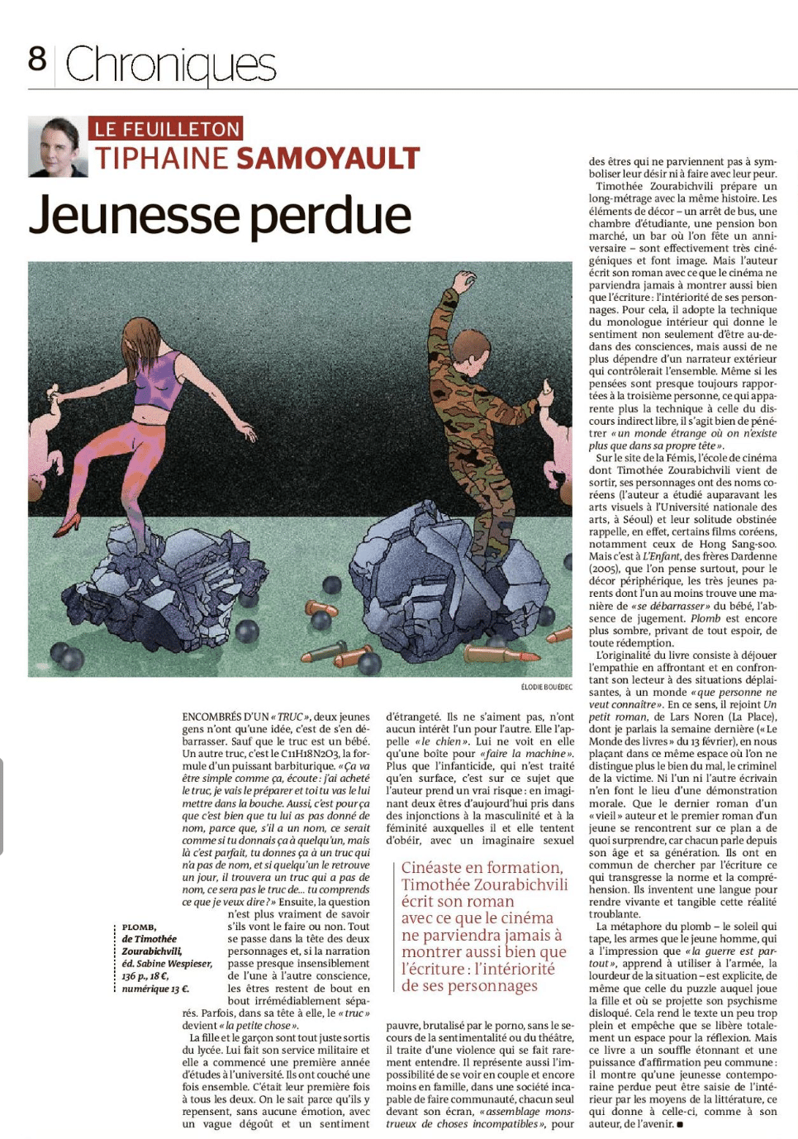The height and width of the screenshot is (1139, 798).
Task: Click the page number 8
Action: point(37,59)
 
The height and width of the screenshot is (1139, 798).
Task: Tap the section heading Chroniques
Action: point(170,64)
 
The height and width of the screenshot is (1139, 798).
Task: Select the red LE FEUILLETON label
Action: point(166,128)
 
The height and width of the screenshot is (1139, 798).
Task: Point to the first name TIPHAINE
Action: point(160,158)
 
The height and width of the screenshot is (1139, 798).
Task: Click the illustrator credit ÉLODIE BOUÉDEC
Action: point(546,687)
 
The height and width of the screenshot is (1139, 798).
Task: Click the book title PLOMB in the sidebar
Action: point(140,927)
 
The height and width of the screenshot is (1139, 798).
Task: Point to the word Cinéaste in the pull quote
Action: point(439,867)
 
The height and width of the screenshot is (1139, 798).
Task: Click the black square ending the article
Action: point(680,1124)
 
